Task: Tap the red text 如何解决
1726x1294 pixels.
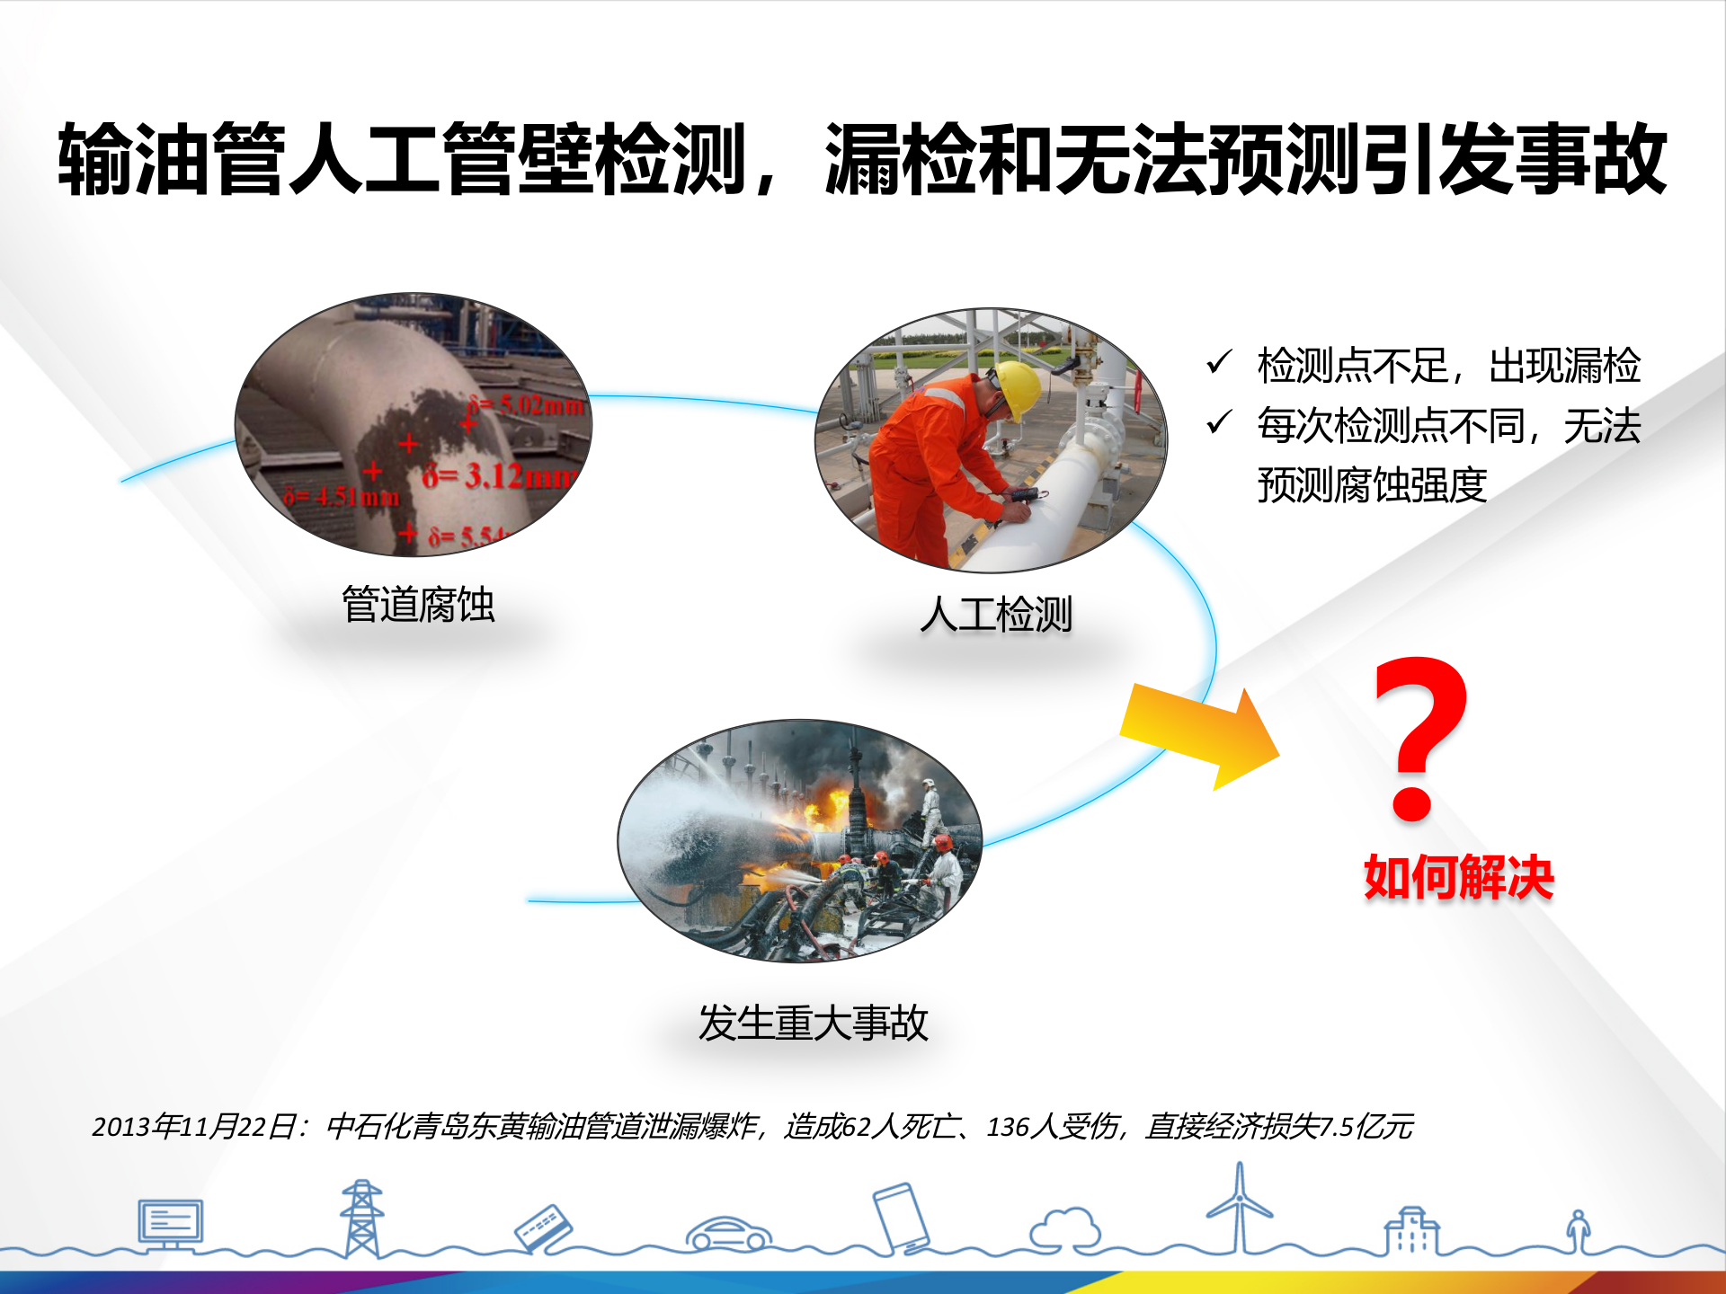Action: tap(1458, 877)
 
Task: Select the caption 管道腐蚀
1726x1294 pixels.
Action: tap(418, 604)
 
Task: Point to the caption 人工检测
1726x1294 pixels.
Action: tap(996, 615)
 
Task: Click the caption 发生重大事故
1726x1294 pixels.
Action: tap(813, 1023)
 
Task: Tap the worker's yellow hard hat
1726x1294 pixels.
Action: tap(1017, 386)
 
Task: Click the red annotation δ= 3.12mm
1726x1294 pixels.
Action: tap(499, 475)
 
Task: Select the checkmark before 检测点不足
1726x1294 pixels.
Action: tap(1219, 362)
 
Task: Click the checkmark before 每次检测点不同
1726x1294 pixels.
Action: tap(1219, 421)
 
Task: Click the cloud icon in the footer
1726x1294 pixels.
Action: tap(1065, 1228)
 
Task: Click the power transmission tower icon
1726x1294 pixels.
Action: tap(361, 1218)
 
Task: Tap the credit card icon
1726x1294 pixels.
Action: tap(543, 1228)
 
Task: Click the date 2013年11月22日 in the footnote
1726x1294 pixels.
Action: tap(193, 1126)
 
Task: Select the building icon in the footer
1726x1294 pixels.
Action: tap(1411, 1231)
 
